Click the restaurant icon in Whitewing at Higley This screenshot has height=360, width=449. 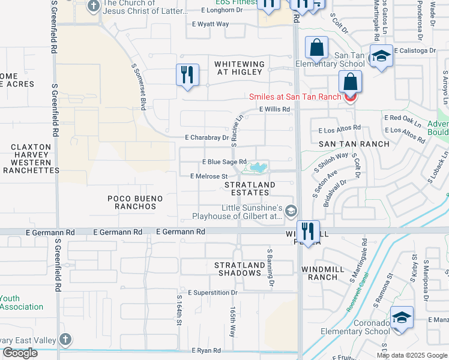(187, 75)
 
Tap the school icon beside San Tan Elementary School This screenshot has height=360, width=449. (381, 56)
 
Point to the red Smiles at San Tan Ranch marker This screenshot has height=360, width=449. (350, 96)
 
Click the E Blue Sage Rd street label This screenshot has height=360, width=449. (224, 162)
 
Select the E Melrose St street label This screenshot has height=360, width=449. (209, 176)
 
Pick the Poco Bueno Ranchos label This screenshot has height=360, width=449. (131, 202)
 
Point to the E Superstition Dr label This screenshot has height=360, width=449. (212, 293)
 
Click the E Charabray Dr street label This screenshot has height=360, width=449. (207, 137)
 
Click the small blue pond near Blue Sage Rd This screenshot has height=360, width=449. (259, 167)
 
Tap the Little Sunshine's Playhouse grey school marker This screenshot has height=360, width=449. (291, 210)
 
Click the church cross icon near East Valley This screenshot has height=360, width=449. (65, 340)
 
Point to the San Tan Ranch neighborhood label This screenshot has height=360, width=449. (354, 144)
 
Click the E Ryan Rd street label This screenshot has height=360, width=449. (206, 350)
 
